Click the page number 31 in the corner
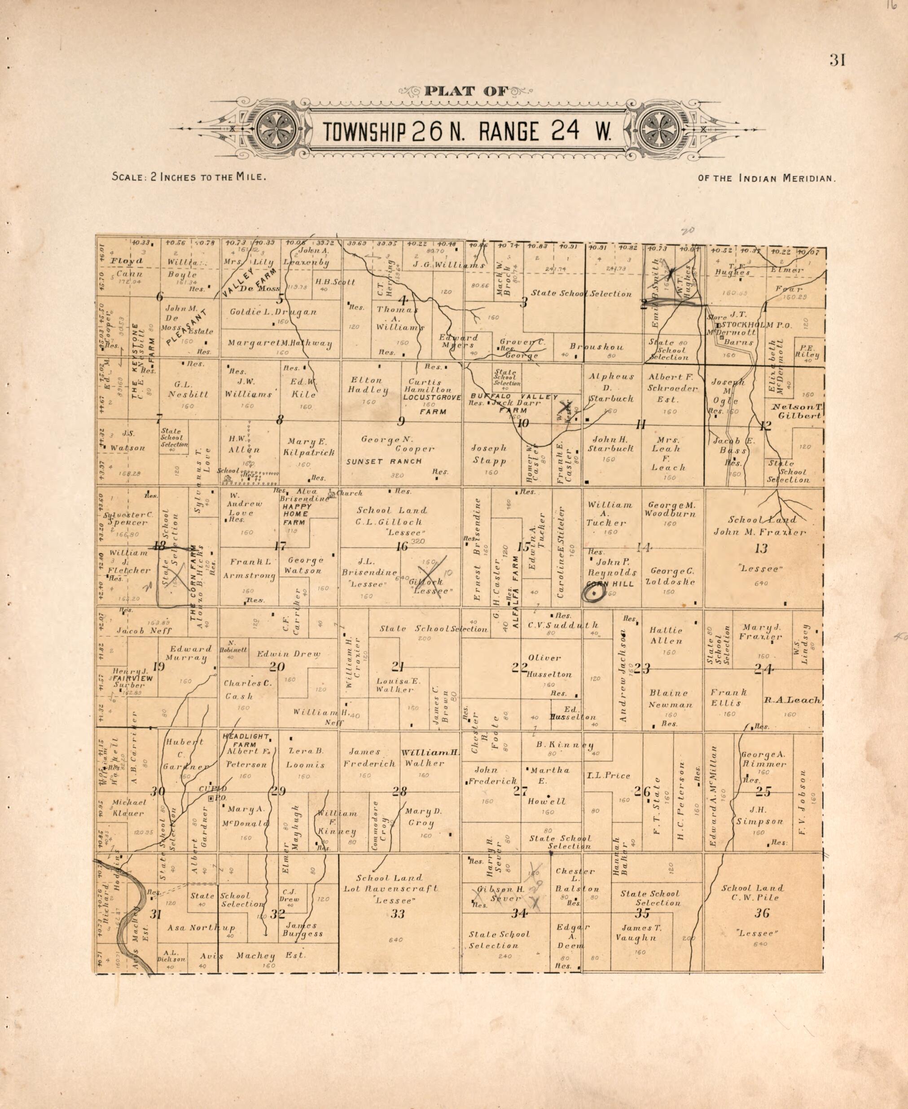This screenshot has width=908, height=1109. click(837, 61)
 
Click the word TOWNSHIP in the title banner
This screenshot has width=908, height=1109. click(364, 132)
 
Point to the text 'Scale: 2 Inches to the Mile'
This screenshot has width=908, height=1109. click(189, 177)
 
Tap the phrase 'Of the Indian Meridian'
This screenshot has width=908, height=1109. click(767, 178)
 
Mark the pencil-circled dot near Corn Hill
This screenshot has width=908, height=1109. click(595, 593)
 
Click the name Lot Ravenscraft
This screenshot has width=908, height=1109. click(390, 888)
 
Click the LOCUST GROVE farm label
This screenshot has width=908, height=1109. click(432, 398)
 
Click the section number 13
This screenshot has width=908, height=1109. click(761, 548)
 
